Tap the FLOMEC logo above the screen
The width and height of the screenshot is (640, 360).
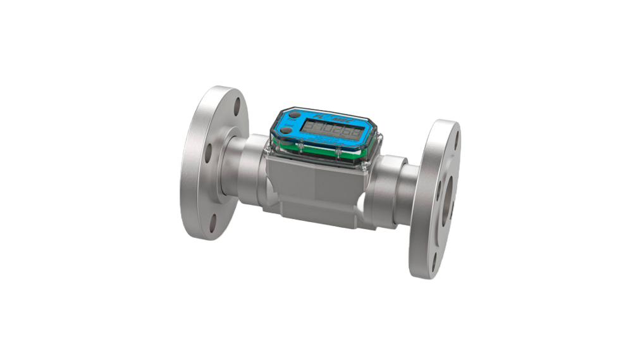pos(327,117)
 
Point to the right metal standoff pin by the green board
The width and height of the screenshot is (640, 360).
pos(338,152)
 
